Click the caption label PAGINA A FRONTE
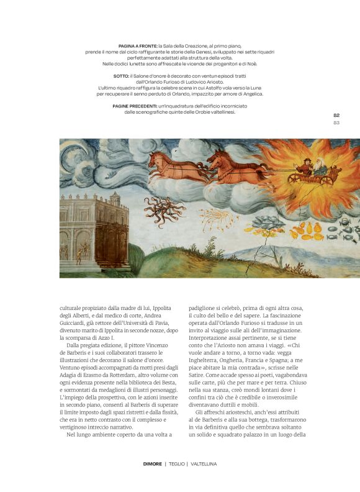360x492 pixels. (x=137, y=46)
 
